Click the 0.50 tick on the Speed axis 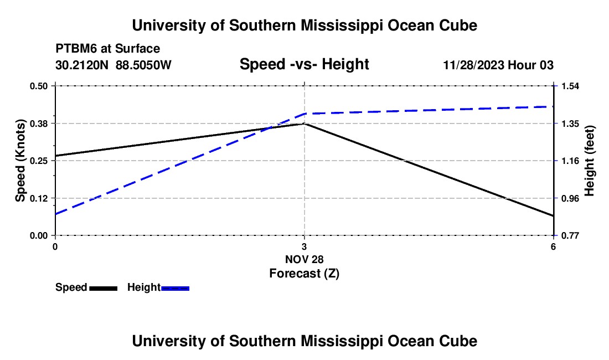pos(38,86)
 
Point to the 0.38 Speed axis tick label pos(38,124)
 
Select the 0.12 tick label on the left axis pos(38,198)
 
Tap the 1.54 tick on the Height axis pos(570,86)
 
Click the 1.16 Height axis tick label pos(570,161)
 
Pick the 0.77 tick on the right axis pos(570,236)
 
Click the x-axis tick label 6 pos(553,246)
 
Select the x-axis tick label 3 pos(304,246)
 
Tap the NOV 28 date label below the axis pos(304,259)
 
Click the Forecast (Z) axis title pos(304,274)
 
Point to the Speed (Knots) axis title pos(20,161)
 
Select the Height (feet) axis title pos(589,161)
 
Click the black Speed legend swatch pos(104,288)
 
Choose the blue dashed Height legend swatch pos(175,288)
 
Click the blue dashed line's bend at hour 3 pos(304,114)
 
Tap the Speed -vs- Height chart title pos(304,64)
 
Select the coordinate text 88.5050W pos(143,65)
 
